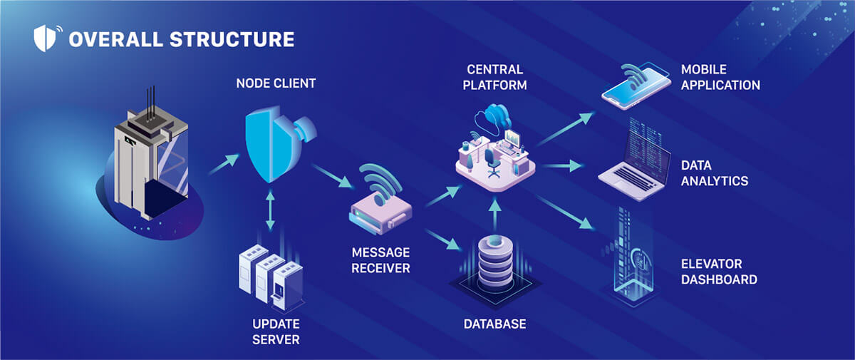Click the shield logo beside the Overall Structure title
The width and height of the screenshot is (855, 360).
47,38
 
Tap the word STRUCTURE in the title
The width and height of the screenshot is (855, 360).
232,39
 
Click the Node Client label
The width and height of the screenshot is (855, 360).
276,83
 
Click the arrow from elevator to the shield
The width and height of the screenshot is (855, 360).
224,164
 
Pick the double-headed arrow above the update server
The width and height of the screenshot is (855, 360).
270,210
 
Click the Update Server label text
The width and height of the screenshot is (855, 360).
276,331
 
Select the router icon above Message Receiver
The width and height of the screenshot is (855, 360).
380,200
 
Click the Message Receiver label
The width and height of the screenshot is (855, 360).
380,260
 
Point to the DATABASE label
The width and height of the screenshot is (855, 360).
494,324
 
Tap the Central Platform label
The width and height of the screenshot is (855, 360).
494,77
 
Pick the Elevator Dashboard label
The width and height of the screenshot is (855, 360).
719,272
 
